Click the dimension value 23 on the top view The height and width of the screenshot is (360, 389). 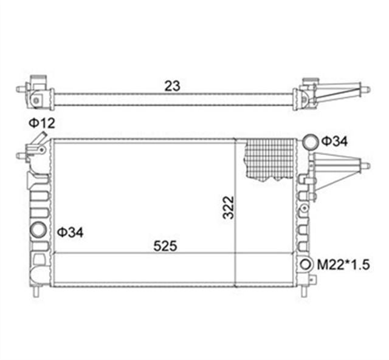coord(173,86)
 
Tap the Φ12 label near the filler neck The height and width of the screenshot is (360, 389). coord(42,123)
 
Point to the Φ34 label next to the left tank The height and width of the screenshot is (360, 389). coord(71,232)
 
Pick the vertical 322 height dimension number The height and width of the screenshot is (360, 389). coord(229,208)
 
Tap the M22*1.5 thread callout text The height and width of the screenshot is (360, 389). coord(344,263)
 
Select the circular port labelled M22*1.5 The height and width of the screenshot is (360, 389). coord(306,264)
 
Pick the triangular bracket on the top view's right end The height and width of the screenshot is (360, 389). coord(338,92)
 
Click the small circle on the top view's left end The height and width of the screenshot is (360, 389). coord(36,97)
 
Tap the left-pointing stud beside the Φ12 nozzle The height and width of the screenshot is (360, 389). coord(22,156)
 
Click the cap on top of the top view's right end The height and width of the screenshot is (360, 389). coord(311,80)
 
